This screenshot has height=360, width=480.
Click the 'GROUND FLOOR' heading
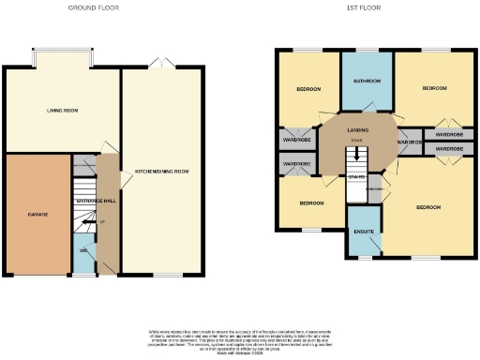click(95, 7)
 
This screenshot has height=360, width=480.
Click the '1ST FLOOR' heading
click(360, 7)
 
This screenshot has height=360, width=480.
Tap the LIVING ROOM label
click(62, 111)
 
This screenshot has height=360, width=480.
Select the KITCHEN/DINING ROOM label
click(162, 172)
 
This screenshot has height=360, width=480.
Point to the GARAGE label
click(37, 214)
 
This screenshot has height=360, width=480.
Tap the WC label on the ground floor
click(83, 251)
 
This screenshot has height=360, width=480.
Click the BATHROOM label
click(366, 82)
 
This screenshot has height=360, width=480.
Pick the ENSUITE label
click(364, 231)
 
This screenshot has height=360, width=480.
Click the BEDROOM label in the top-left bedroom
click(308, 89)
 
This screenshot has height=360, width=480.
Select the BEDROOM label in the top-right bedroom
click(433, 88)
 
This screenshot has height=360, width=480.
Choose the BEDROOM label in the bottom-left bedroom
click(311, 202)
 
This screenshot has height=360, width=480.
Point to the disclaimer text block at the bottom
click(240, 339)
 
